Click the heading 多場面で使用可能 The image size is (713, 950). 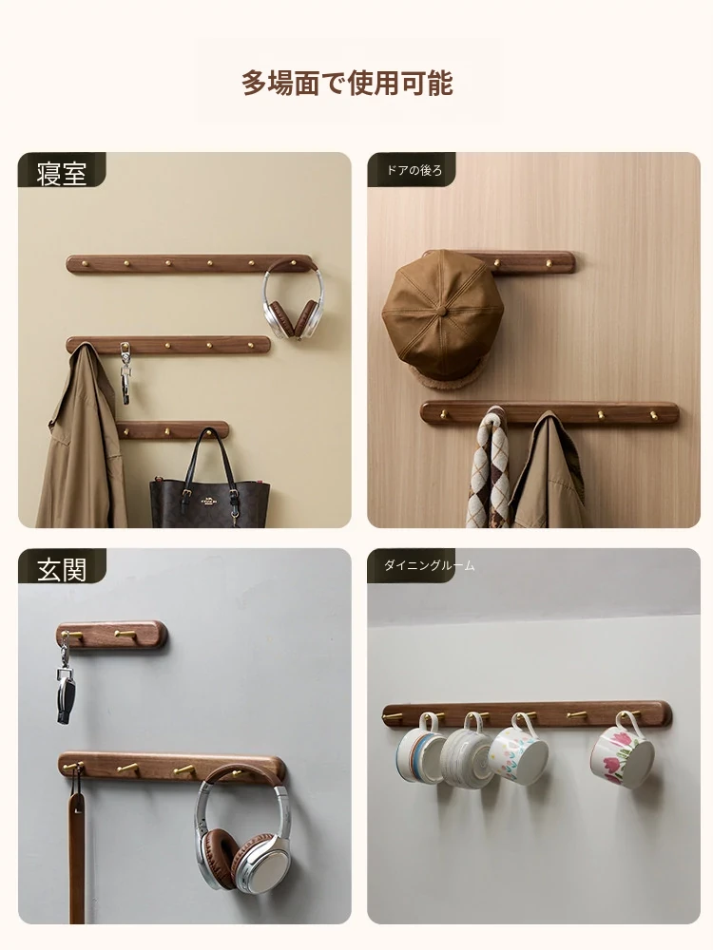347,83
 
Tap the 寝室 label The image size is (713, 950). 61,173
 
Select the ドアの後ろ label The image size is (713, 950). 414,170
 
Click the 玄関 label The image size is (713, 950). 61,569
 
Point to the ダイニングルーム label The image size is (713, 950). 430,565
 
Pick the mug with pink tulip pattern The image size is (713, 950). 623,753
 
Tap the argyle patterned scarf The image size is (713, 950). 490,469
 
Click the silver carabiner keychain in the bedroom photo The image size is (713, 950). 125,373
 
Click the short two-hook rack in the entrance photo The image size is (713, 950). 112,635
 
